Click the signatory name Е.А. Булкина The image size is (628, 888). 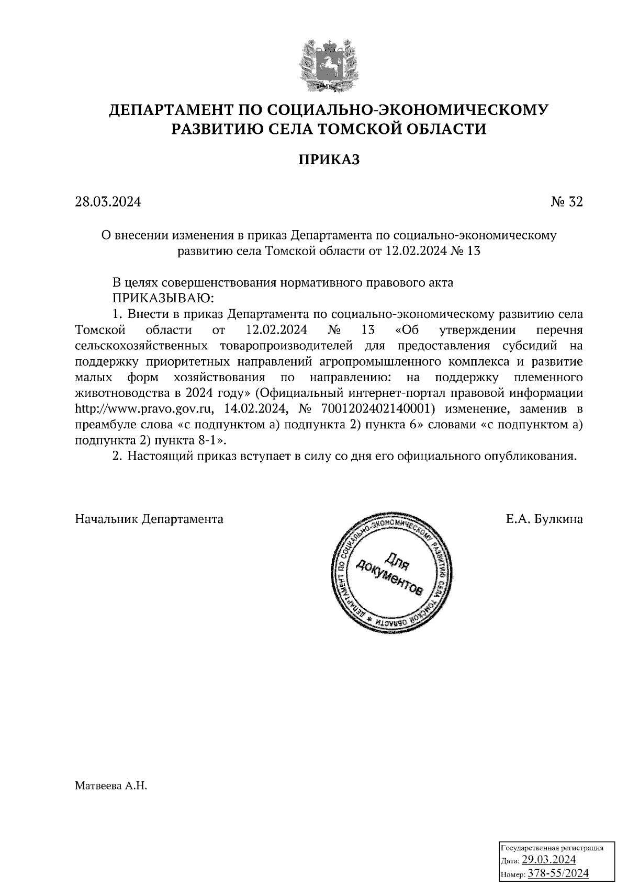pos(544,519)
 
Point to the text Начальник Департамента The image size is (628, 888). pos(149,519)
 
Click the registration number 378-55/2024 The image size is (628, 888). pos(558,873)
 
